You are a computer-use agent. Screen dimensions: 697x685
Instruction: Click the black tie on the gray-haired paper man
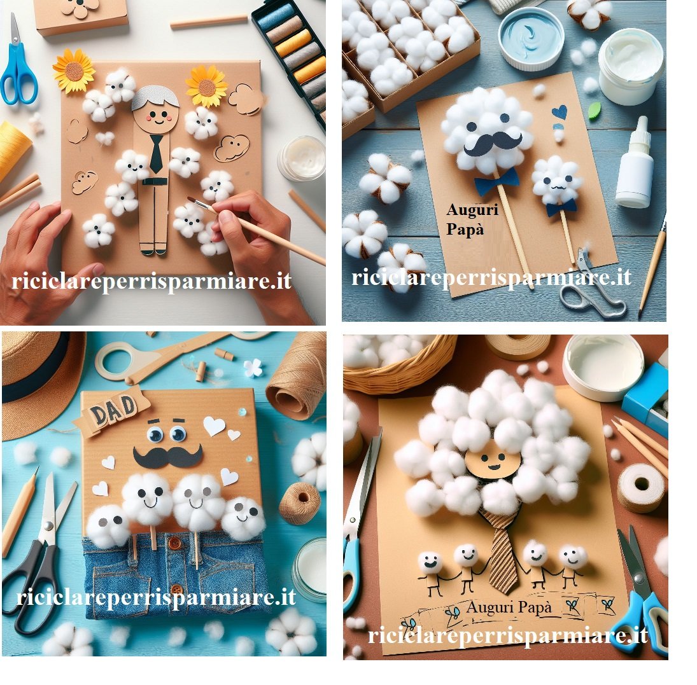(156, 153)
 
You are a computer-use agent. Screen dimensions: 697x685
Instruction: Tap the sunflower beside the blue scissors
(74, 71)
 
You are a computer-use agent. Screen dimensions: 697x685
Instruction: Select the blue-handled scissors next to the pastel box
(17, 67)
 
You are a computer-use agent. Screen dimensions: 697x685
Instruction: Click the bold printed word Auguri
(472, 210)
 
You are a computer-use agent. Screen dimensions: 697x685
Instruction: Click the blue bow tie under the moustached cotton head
(496, 181)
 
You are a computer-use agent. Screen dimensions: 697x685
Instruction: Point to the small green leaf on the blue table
(595, 111)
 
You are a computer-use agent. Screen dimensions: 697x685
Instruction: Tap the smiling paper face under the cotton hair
(493, 463)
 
